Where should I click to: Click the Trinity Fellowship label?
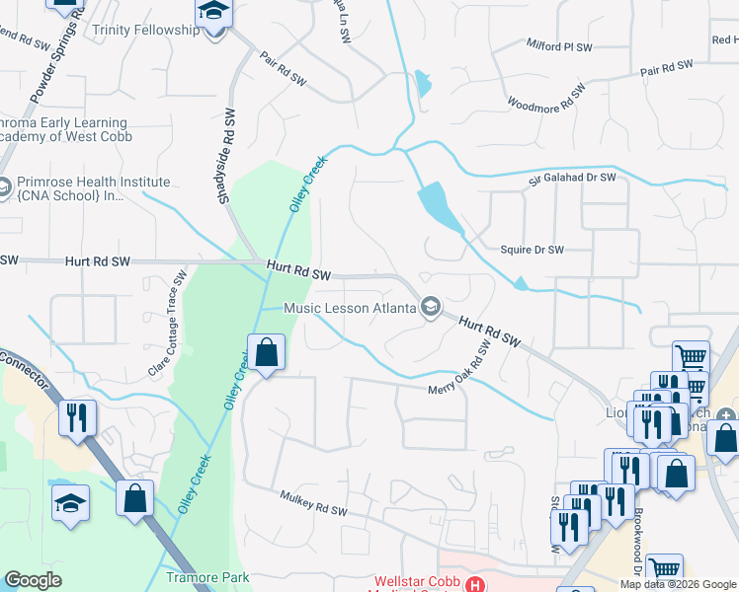pos(145,30)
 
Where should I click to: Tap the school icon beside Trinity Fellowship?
pos(212,14)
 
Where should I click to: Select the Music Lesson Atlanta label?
pos(349,308)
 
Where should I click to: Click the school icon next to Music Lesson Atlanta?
pos(430,308)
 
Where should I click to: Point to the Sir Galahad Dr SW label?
pos(572,179)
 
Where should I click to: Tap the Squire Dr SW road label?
pos(532,251)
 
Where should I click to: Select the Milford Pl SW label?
pos(558,46)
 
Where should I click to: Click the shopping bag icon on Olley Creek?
pos(266,351)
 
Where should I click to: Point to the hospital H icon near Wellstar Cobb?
pos(476,585)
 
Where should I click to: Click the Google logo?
pos(33,580)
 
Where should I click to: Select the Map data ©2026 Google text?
pos(678,583)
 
